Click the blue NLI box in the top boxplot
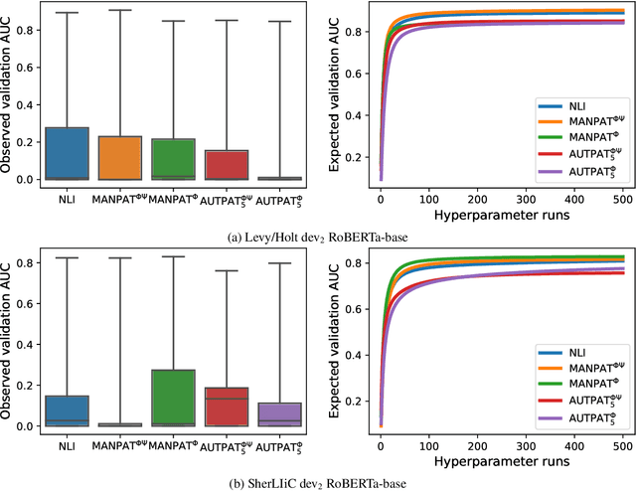click(x=68, y=154)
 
